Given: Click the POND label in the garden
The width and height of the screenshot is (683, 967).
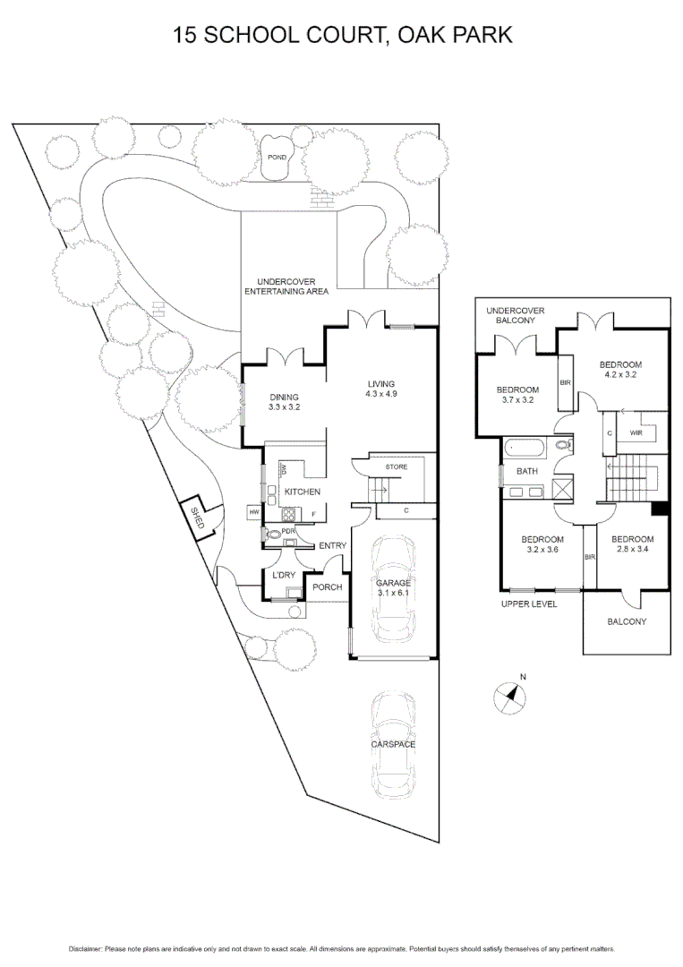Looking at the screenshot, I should pos(277,158).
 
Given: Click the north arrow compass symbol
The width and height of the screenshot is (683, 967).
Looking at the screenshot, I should pos(510,694).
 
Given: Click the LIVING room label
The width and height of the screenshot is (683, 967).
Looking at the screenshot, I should pos(380,384).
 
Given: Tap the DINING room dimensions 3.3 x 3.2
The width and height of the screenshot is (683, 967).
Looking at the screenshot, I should pos(285,407).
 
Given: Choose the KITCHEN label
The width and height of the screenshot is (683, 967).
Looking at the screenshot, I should pos(303,492).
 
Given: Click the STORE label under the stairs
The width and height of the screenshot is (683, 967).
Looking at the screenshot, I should pos(397,467).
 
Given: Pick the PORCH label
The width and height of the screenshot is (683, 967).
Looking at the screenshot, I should pos(327,587).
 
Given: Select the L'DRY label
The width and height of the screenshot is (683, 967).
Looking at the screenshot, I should pos(284,575).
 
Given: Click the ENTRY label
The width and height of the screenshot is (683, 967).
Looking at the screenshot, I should pos(332,545).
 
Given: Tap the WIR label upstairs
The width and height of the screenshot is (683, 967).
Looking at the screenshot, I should pos(636,433).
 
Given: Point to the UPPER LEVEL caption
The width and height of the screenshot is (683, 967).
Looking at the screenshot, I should pos(528,604).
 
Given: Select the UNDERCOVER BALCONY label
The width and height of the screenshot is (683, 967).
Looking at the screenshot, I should pos(516,315).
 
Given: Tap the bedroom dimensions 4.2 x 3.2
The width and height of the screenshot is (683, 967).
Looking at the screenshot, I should pos(621,375).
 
